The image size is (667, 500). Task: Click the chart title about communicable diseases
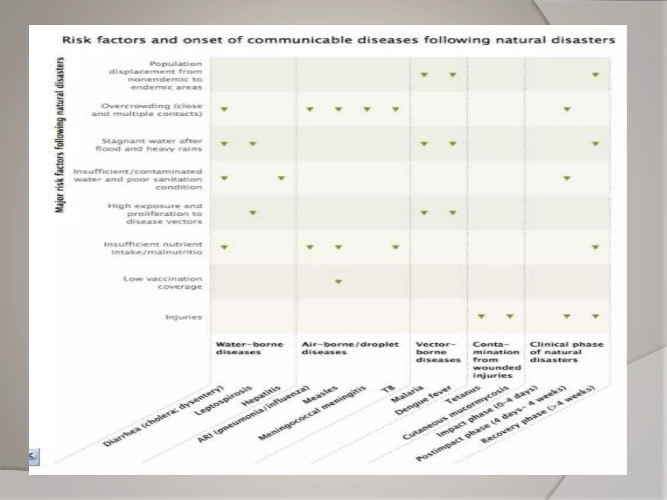coord(338,40)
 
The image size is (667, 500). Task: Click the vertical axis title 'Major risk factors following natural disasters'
coord(60,135)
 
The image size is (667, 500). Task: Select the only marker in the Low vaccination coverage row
coord(338,281)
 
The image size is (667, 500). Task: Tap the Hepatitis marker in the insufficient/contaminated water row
coord(281,178)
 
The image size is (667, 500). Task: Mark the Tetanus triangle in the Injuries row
coord(481,316)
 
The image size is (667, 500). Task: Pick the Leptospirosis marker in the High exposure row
coord(253,213)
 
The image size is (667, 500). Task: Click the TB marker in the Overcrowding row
coord(395,109)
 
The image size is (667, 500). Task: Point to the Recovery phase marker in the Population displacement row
coord(595,75)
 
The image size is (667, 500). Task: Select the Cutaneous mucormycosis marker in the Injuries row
coord(510,316)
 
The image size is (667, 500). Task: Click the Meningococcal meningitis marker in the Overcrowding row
coord(367,109)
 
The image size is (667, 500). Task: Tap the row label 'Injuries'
coord(184,317)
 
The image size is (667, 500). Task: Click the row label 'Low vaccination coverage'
coord(163,283)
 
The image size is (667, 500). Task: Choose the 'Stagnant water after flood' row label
coord(149,145)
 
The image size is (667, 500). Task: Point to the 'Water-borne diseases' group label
coord(249,348)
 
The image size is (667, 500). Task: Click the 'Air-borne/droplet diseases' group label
coord(350,348)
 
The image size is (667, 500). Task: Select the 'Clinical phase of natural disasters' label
coord(566,352)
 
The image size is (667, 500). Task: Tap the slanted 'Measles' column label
coord(320,395)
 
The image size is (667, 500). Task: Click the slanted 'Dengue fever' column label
coord(423,400)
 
